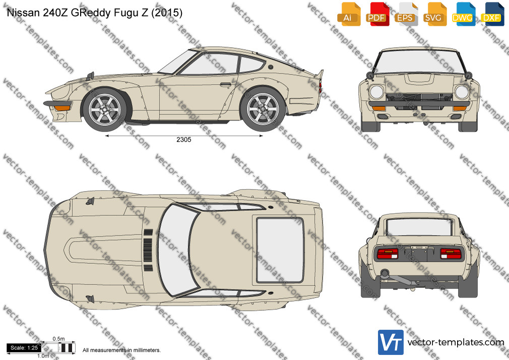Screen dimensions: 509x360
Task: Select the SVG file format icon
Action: coord(434,14)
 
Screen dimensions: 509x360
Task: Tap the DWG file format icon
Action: coord(464,14)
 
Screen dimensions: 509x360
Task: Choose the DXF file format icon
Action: coord(492,14)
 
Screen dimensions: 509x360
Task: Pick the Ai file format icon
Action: coord(349,14)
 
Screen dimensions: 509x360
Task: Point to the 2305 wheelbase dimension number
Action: coord(184,140)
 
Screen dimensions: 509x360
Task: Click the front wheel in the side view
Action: coord(104,109)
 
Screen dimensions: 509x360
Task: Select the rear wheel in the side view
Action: coord(263,109)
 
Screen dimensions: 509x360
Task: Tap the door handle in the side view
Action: coord(226,85)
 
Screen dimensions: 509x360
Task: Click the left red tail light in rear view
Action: coord(387,254)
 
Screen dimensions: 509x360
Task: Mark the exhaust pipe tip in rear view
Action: coord(385,274)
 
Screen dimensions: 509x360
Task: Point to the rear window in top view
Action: coord(280,250)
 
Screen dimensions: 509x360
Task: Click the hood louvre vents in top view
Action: coord(148,250)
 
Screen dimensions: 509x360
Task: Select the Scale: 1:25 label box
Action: coord(24,348)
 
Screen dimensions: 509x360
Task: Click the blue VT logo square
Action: coord(391,342)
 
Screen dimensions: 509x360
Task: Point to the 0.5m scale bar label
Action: coord(59,339)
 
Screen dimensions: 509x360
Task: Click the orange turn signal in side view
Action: coord(62,108)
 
